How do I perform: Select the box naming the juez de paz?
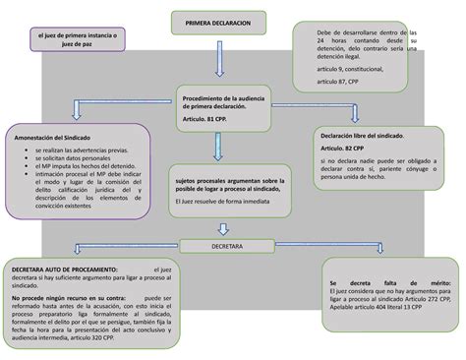click(75, 40)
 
